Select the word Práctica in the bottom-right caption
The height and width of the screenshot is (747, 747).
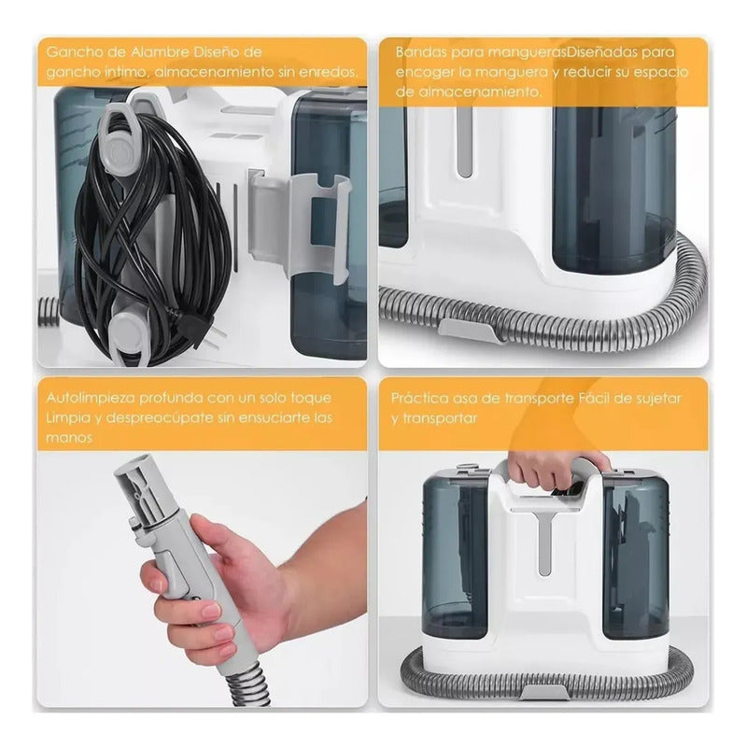[x=418, y=399]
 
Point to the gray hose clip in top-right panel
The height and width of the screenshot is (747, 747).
[x=471, y=330]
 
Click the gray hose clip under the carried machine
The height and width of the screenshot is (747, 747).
[x=543, y=690]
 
